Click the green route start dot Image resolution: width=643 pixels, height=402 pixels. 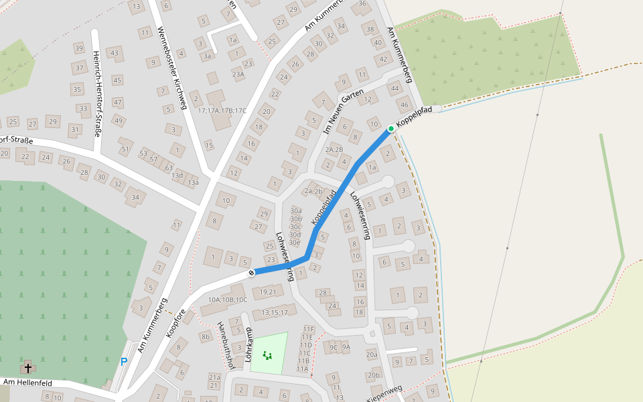click(391, 128)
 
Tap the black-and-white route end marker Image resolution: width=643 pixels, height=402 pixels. click(252, 273)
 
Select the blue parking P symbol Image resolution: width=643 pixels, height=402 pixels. click(124, 362)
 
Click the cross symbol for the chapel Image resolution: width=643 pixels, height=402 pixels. click(28, 367)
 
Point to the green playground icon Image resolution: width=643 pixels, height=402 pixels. click(268, 355)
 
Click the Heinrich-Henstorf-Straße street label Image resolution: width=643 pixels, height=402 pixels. click(98, 94)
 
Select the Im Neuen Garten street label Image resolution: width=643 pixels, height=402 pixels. click(338, 110)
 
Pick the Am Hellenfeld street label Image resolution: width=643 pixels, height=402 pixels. click(27, 382)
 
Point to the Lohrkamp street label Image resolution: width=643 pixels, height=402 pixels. click(248, 345)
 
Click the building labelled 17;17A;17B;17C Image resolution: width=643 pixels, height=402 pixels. click(222, 111)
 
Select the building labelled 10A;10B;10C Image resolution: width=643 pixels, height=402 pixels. click(228, 299)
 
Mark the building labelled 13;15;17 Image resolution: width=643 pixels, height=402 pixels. click(275, 312)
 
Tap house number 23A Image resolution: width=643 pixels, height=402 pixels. click(238, 74)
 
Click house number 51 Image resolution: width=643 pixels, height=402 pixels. click(124, 149)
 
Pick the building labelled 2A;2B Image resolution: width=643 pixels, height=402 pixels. click(334, 149)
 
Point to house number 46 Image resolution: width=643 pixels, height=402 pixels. click(403, 105)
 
